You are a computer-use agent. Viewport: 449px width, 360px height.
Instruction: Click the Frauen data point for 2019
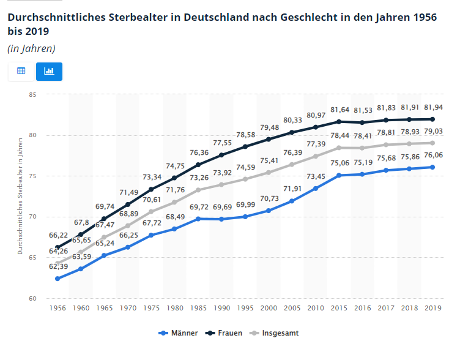tap(432, 119)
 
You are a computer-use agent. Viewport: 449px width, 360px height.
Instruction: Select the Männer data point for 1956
tap(58, 279)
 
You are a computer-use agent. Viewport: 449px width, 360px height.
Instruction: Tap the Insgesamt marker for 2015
tap(339, 148)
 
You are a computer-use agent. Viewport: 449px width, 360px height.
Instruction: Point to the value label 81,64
tap(339, 110)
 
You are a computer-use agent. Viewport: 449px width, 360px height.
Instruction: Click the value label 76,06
tap(432, 156)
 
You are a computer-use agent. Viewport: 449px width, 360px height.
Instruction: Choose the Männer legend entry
tap(178, 333)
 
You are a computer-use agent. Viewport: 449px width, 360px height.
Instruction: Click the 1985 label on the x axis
tap(198, 309)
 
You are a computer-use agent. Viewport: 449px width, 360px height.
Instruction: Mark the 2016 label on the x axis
tap(363, 309)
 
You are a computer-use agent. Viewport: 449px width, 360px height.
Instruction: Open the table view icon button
tap(21, 71)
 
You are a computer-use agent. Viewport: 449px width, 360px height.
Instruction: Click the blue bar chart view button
tap(49, 71)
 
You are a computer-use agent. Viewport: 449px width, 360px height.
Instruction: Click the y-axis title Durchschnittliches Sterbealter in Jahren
tap(20, 197)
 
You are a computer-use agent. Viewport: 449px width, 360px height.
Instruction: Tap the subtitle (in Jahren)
tap(31, 48)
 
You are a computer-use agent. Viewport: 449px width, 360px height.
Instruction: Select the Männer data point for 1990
tap(221, 219)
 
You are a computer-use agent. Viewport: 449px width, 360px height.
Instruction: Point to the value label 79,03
tap(432, 131)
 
